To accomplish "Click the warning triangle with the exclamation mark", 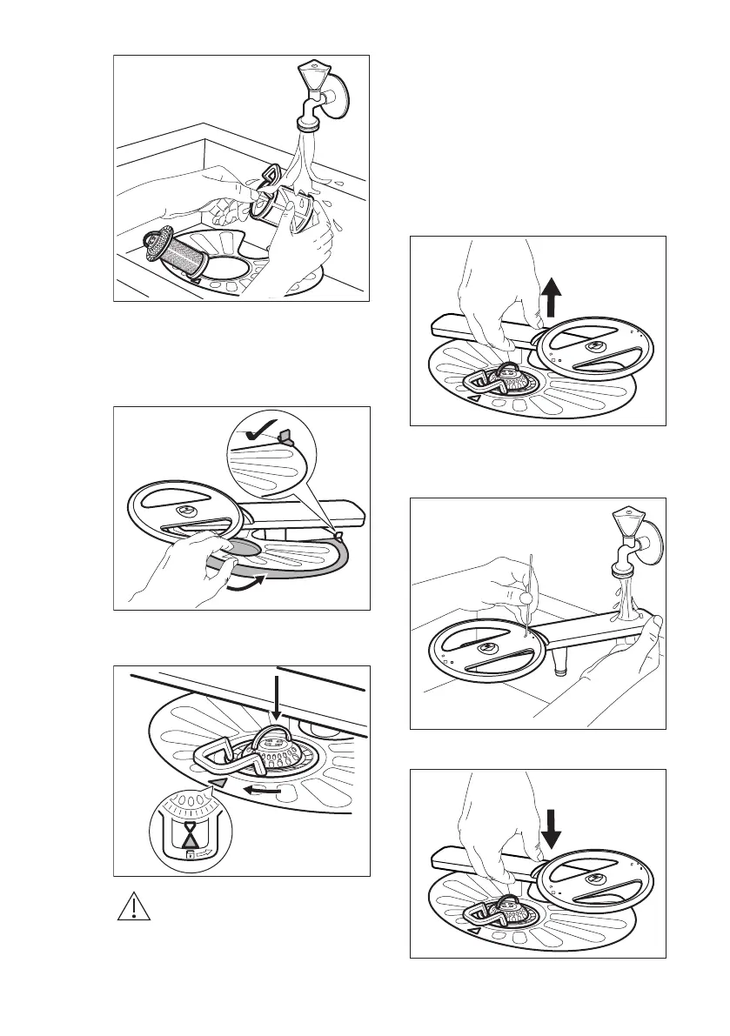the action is [x=133, y=907].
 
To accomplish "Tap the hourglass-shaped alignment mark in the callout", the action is [x=191, y=836].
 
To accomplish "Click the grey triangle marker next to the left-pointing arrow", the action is [x=222, y=783].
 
